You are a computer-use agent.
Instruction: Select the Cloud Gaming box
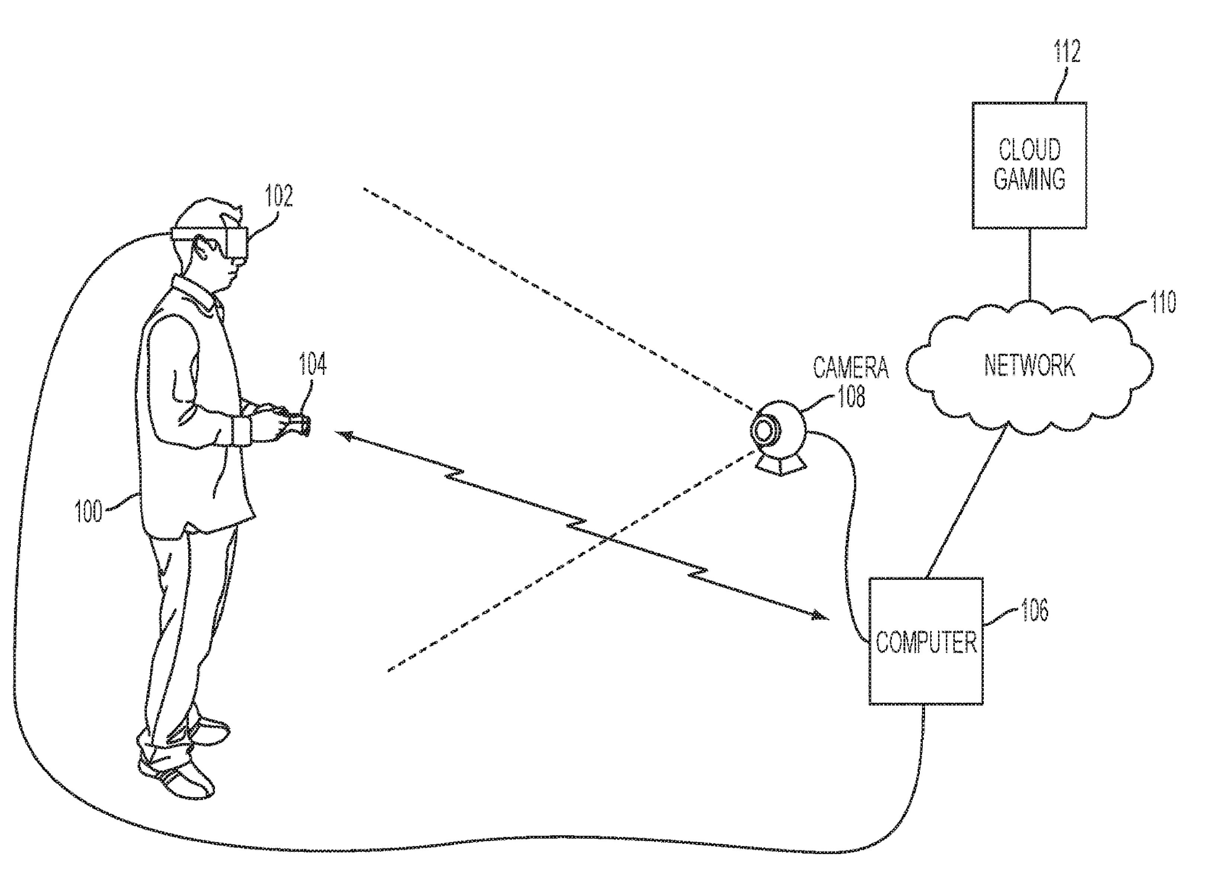click(x=1029, y=165)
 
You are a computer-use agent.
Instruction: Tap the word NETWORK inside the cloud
click(x=1029, y=366)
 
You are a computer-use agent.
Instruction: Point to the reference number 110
click(x=1162, y=302)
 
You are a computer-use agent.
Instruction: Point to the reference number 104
click(x=312, y=364)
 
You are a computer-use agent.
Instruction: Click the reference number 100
click(x=88, y=511)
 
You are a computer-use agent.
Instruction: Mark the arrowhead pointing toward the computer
click(x=819, y=616)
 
